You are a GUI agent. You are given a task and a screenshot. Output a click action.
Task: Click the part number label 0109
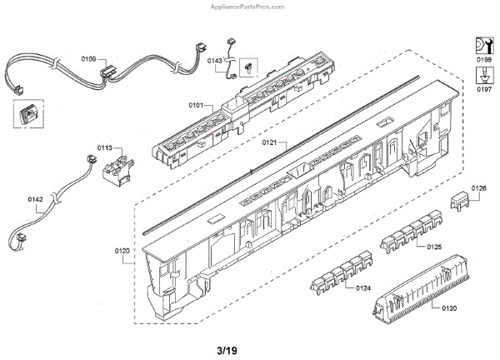click(x=89, y=59)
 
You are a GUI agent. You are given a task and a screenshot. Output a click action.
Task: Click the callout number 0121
click(x=269, y=143)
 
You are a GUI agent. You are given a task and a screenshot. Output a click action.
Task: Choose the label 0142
click(x=36, y=199)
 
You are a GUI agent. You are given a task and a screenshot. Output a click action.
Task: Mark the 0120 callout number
click(x=122, y=250)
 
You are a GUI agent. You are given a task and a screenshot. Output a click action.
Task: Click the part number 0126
click(x=478, y=188)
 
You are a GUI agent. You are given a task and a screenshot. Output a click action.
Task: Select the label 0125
click(x=434, y=247)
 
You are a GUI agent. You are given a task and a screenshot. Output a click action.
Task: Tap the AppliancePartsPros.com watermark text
click(x=448, y=5)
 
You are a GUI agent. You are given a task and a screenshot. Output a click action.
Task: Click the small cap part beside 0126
click(x=461, y=201)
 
